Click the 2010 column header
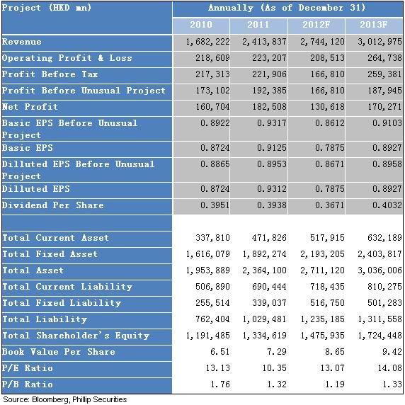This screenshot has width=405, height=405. coord(201,25)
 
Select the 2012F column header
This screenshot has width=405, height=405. coord(316,25)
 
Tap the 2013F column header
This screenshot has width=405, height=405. coord(373,25)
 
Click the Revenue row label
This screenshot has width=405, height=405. coord(22,42)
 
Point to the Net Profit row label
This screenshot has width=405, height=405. coord(30,107)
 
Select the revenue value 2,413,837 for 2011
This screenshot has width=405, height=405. coord(264,42)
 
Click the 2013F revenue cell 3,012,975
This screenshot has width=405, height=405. coord(380,42)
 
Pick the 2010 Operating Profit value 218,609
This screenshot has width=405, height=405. coord(212,58)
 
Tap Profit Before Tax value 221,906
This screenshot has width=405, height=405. coord(269,74)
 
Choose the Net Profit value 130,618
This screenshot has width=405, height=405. coord(327,107)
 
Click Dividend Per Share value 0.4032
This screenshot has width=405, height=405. coord(387,205)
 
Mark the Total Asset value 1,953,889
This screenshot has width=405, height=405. coord(207,270)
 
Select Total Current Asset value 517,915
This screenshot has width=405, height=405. coord(327,238)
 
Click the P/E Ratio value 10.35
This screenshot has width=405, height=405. coord(274,368)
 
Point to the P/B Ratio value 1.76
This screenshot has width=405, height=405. coord(220,384)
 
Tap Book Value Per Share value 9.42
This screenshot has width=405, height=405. coord(392,352)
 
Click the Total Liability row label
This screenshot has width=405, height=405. coord(45,319)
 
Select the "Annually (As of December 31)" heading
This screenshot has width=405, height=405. coord(287,8)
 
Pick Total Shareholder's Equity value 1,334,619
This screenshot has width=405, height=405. coord(264,336)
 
